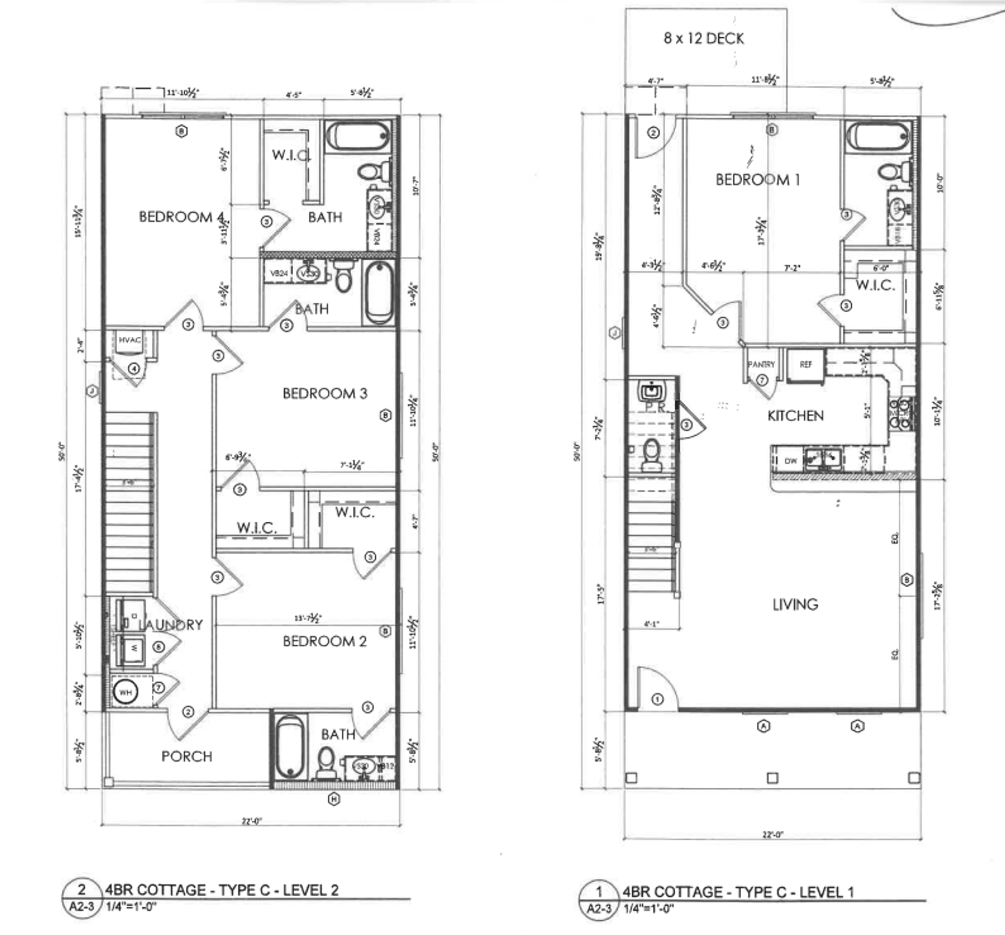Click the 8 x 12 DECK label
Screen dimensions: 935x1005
(703, 38)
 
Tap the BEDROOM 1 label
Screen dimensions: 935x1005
(757, 180)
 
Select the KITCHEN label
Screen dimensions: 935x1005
(795, 416)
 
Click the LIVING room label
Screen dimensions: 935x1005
(795, 604)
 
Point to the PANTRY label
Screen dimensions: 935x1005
(761, 365)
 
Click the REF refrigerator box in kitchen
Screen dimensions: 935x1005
(806, 365)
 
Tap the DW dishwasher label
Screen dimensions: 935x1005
(790, 461)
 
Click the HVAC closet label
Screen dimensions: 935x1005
(129, 340)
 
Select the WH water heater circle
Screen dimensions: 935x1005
(126, 692)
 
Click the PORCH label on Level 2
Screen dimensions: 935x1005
(187, 756)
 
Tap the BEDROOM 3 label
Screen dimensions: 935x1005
(325, 393)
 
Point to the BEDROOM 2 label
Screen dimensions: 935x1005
(325, 641)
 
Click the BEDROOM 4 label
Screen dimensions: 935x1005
(182, 217)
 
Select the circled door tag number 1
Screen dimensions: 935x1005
(658, 699)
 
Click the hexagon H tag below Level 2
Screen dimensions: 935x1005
(334, 799)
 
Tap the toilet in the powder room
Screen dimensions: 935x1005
(652, 455)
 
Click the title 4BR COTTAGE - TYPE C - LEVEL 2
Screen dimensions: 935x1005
(222, 890)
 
